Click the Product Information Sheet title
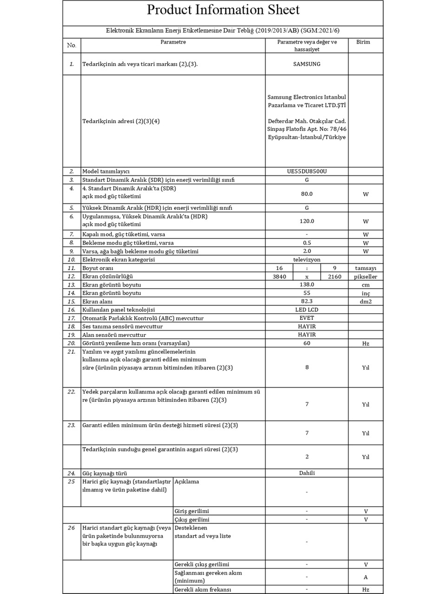pos(223,10)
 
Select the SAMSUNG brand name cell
pos(307,64)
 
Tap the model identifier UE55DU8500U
pos(307,171)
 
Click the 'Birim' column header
pos(363,42)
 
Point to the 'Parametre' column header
pos(173,42)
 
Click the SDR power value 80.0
pos(307,194)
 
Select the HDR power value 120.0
pos(307,221)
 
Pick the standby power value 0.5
pos(307,243)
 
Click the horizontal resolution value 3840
pos(279,277)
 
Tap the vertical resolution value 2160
pos(334,277)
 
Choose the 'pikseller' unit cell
pos(366,277)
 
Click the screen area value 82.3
pos(307,301)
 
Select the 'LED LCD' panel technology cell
pos(307,310)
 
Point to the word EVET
pos(307,318)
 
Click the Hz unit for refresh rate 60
pos(366,343)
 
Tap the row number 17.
pos(71,318)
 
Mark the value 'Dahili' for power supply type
pos(307,473)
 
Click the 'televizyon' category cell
pos(307,260)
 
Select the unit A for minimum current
pos(366,577)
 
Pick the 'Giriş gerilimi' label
pos(192,511)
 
